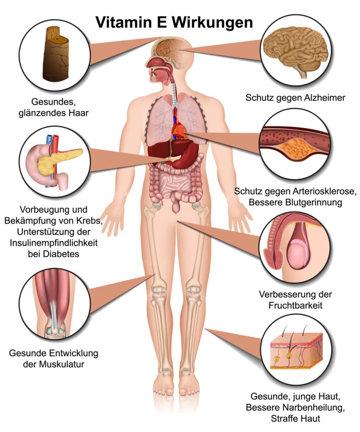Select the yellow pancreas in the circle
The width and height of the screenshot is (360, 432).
[57, 162]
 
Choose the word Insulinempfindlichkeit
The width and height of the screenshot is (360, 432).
[54, 243]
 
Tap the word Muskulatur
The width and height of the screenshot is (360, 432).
[62, 364]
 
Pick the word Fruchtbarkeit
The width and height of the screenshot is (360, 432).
[295, 305]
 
